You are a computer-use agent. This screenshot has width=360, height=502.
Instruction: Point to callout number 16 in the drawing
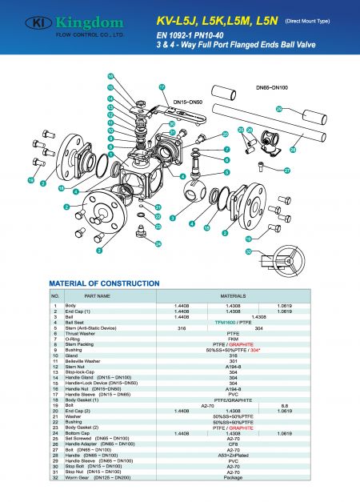pyautogui.click(x=111, y=77)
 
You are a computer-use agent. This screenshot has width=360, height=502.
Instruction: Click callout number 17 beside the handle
pyautogui.click(x=162, y=86)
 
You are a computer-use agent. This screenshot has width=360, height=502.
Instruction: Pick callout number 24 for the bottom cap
pyautogui.click(x=158, y=243)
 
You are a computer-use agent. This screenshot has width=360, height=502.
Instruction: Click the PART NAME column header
pyautogui.click(x=96, y=295)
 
